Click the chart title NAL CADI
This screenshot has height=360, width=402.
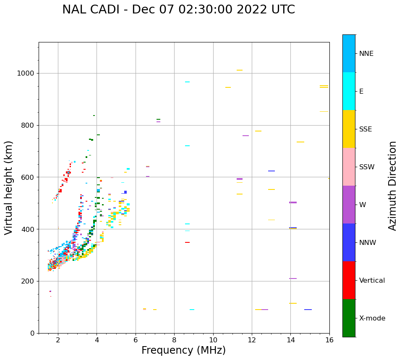pyautogui.click(x=178, y=10)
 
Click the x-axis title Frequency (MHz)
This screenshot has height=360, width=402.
pyautogui.click(x=183, y=350)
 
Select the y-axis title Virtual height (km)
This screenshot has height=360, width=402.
pyautogui.click(x=9, y=187)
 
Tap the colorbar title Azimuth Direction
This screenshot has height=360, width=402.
pyautogui.click(x=392, y=186)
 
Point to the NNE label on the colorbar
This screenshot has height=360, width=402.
pyautogui.click(x=366, y=54)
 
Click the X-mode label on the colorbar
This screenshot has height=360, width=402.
pyautogui.click(x=372, y=318)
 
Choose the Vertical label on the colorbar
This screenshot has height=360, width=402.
pyautogui.click(x=372, y=281)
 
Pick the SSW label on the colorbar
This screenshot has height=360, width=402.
pyautogui.click(x=367, y=167)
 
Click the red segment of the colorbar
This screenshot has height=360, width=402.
pyautogui.click(x=349, y=280)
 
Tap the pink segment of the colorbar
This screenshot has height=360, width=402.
pyautogui.click(x=349, y=167)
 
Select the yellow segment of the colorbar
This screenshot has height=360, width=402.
pyautogui.click(x=349, y=129)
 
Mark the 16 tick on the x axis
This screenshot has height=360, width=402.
pyautogui.click(x=329, y=340)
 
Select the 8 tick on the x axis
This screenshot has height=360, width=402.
pyautogui.click(x=174, y=340)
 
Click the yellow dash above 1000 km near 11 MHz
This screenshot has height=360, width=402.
pyautogui.click(x=239, y=70)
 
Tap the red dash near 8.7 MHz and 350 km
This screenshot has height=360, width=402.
pyautogui.click(x=187, y=242)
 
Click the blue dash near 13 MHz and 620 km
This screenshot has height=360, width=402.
pyautogui.click(x=271, y=171)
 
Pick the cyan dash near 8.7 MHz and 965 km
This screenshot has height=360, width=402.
pyautogui.click(x=187, y=82)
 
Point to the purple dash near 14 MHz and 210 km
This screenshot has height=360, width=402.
pyautogui.click(x=293, y=279)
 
